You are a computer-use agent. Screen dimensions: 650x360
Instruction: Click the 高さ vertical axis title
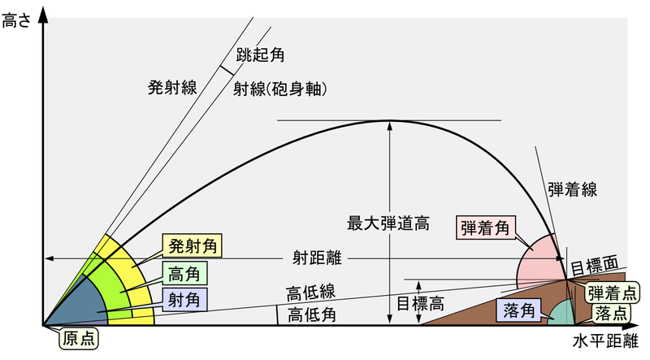(16, 20)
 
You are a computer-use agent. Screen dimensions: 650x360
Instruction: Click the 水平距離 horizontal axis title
(605, 341)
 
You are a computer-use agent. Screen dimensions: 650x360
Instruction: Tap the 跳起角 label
(260, 54)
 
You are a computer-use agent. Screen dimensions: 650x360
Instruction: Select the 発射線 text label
(172, 88)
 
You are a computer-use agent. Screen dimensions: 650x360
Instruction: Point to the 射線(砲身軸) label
(279, 89)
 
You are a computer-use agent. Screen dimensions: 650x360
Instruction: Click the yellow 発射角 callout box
(193, 246)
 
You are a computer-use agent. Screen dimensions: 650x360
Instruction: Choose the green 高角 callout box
(184, 273)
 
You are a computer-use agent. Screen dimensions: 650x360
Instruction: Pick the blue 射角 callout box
(184, 299)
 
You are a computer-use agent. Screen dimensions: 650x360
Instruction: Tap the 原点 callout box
(79, 338)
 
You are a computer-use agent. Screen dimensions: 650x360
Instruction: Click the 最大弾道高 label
(388, 223)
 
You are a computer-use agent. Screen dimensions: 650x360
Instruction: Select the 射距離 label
(317, 258)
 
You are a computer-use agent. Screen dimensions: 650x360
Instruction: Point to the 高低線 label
(311, 293)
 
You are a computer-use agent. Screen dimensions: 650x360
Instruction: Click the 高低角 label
(312, 314)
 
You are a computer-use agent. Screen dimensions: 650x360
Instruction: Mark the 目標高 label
(420, 304)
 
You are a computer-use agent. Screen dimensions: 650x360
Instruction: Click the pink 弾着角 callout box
(485, 228)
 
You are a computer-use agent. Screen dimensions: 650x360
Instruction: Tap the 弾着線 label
(573, 189)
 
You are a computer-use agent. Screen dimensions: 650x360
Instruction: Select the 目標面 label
(595, 266)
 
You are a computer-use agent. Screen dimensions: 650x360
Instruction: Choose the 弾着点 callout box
(613, 293)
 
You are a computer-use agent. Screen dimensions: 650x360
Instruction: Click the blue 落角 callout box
(519, 310)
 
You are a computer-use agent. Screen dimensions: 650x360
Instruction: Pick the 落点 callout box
(611, 313)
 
